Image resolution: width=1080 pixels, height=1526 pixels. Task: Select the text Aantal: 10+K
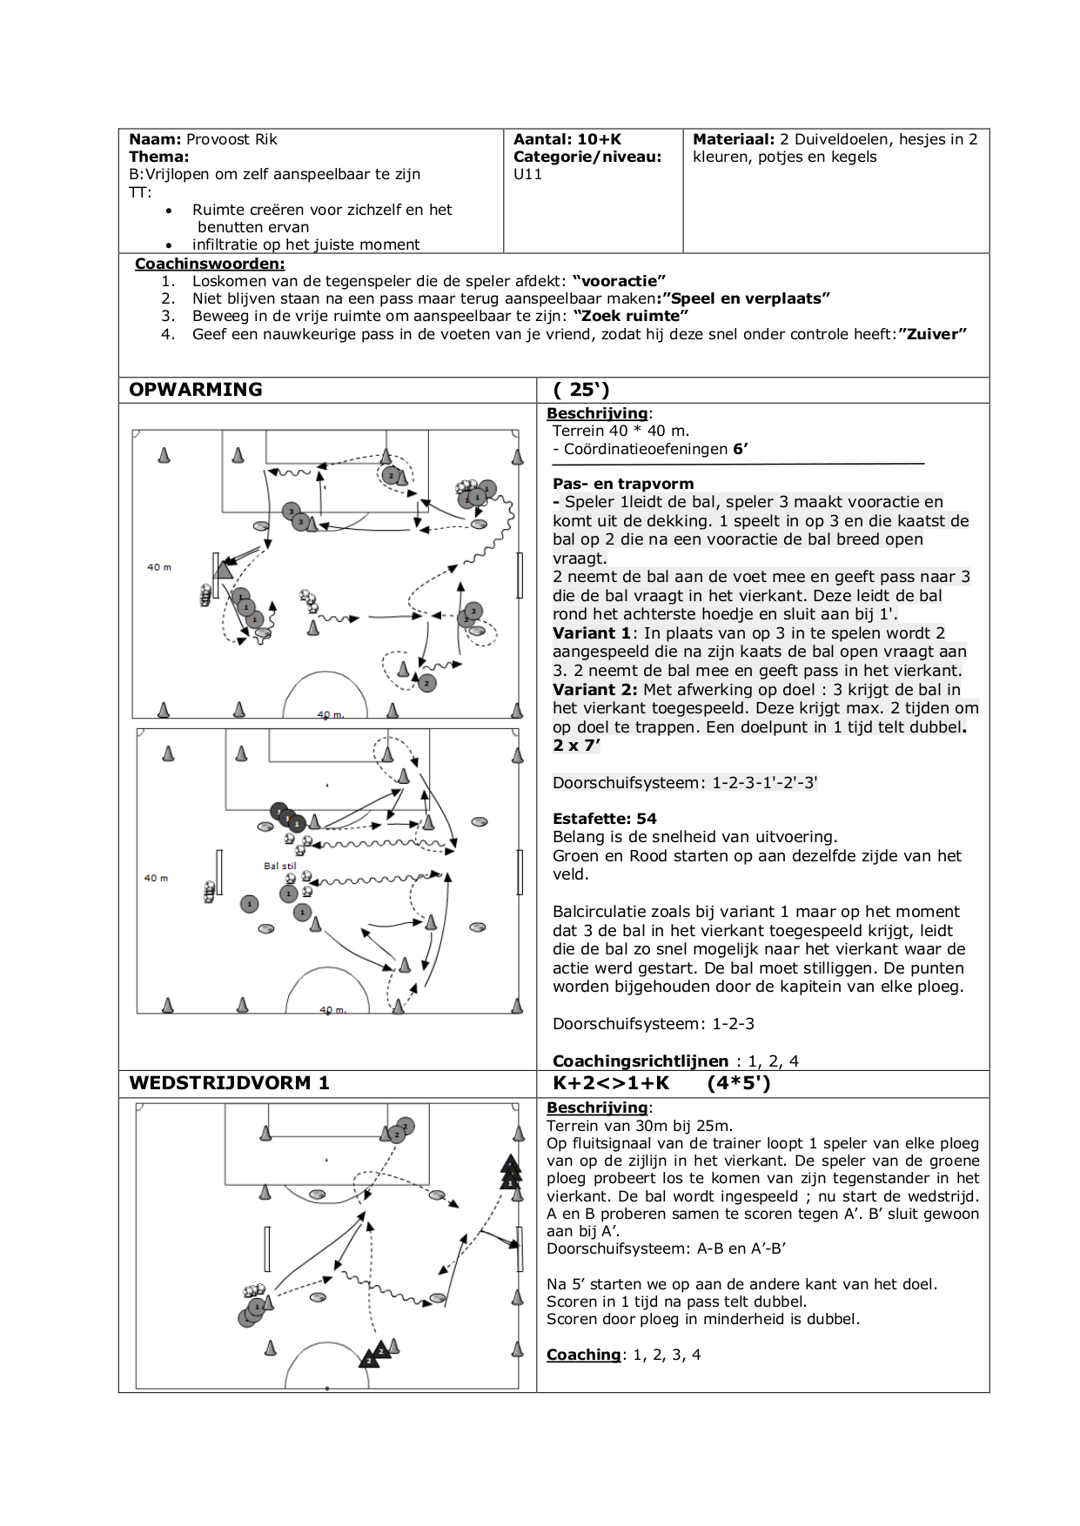567,139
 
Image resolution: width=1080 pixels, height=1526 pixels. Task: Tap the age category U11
527,174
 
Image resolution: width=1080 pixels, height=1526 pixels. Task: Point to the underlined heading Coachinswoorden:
210,264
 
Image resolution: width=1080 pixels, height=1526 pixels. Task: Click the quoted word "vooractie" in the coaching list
619,281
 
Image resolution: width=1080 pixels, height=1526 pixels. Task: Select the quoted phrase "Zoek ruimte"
631,316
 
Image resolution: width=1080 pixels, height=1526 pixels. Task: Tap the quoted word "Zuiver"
932,334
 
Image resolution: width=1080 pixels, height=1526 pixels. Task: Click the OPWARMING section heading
196,390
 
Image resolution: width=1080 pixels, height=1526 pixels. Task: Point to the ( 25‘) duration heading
581,390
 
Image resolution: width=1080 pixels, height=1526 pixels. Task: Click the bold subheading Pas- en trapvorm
623,484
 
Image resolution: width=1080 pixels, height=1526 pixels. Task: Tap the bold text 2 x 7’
576,746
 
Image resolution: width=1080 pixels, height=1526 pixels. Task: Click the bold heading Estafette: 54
605,819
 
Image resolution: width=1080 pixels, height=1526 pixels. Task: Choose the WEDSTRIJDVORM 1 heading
230,1083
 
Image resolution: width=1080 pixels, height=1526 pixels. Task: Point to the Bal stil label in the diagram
280,867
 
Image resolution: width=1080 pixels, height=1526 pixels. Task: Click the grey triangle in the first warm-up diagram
223,570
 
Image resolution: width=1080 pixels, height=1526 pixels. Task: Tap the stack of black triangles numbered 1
510,1174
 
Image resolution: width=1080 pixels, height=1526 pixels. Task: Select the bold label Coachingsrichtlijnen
641,1061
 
